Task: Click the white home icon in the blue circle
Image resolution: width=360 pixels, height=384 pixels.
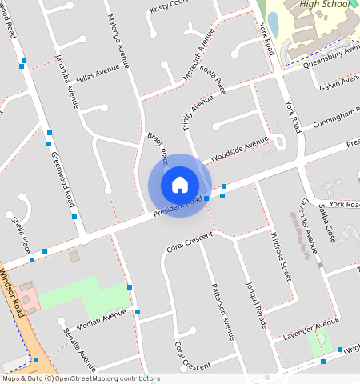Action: click(180, 184)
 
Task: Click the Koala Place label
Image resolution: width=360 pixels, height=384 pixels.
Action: click(213, 80)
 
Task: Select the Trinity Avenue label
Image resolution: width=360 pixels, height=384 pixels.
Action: click(197, 111)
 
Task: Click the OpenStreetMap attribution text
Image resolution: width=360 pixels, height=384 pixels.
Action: click(80, 378)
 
